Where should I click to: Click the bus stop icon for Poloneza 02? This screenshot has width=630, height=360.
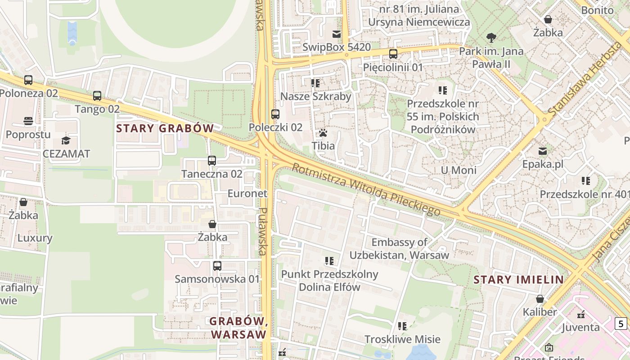[28, 80]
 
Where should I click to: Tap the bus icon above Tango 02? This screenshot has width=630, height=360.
[97, 96]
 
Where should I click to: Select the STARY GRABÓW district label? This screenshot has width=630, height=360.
[165, 128]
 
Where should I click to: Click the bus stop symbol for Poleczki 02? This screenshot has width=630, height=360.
[275, 114]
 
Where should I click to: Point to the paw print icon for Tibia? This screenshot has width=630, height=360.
[323, 133]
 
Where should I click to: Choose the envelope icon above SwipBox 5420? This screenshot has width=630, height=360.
[336, 34]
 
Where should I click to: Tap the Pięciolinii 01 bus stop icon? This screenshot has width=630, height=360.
[393, 54]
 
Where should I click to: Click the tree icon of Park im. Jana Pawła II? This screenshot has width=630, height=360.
[491, 38]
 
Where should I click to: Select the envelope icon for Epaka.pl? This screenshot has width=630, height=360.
[543, 151]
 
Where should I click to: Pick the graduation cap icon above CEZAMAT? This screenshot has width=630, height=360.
[66, 140]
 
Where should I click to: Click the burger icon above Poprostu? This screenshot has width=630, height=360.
[28, 121]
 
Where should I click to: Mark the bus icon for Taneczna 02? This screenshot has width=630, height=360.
[212, 160]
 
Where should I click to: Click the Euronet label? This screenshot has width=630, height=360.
[247, 193]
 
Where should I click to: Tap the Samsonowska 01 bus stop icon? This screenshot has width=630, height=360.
[217, 266]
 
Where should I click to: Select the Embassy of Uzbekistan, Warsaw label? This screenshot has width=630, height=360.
[399, 248]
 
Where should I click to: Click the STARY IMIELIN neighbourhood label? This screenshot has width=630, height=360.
[518, 279]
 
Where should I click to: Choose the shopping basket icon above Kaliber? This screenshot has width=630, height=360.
[540, 299]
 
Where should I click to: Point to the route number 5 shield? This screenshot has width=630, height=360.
[621, 323]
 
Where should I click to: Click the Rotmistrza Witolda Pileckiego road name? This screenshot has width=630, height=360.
[366, 189]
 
